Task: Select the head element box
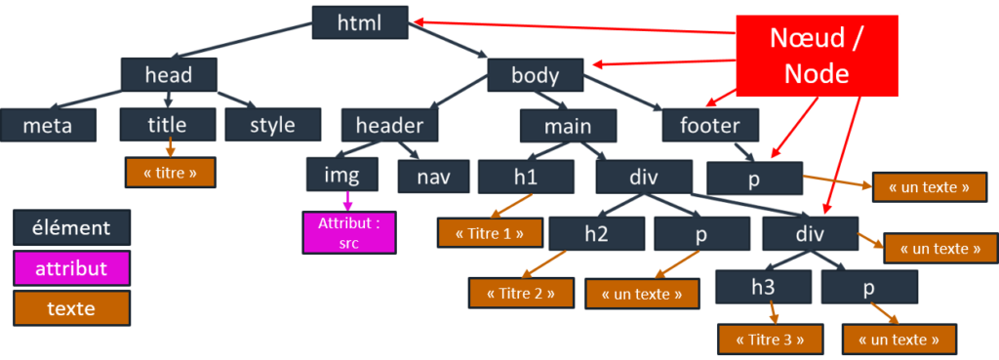(168, 75)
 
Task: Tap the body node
(535, 75)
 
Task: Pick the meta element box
(48, 125)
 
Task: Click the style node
(272, 125)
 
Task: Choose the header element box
(389, 125)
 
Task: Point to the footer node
(709, 125)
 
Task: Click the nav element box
(433, 177)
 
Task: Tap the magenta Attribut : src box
(348, 233)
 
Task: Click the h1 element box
(526, 177)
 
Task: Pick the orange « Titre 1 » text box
(488, 232)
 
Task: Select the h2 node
(596, 234)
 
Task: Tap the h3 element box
(763, 287)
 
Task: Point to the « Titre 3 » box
(771, 340)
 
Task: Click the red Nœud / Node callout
(816, 55)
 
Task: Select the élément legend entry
(71, 228)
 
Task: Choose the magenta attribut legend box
(71, 268)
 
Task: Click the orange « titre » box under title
(170, 172)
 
